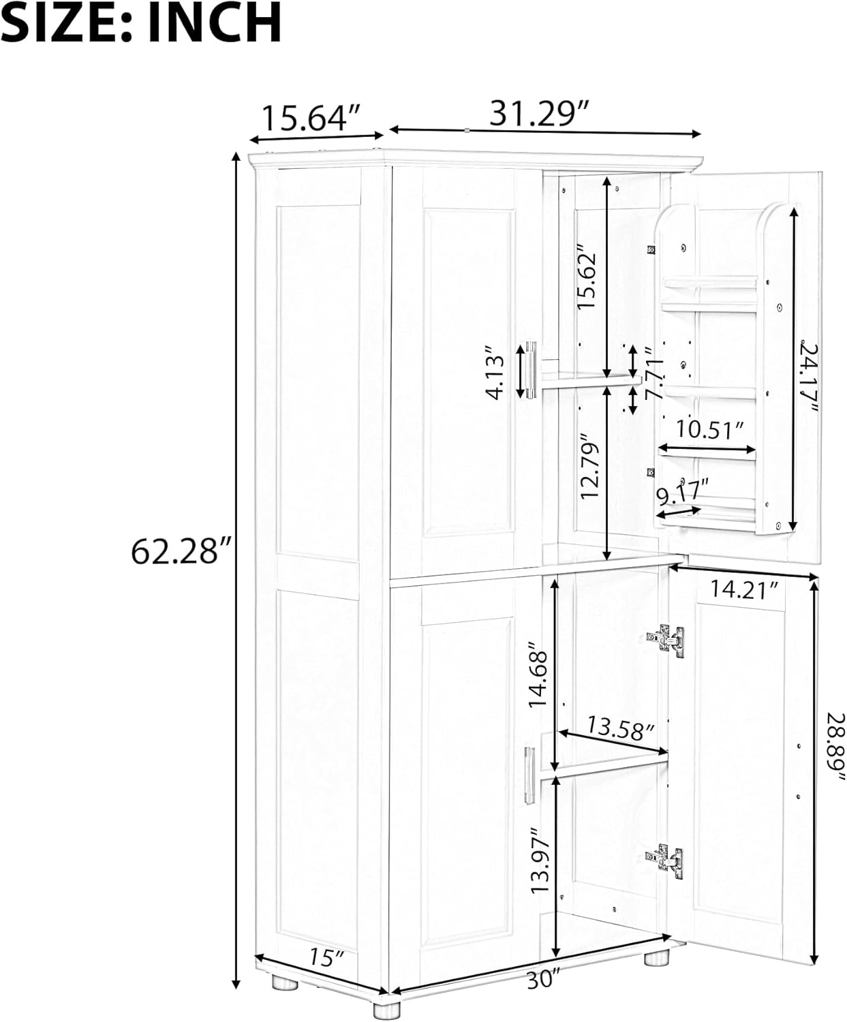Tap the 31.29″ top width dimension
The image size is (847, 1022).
click(x=539, y=114)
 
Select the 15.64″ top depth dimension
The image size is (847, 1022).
click(x=311, y=118)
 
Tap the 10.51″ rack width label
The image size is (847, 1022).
click(x=709, y=430)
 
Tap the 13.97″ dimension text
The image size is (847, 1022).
click(x=540, y=861)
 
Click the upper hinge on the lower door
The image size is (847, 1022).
click(x=666, y=640)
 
